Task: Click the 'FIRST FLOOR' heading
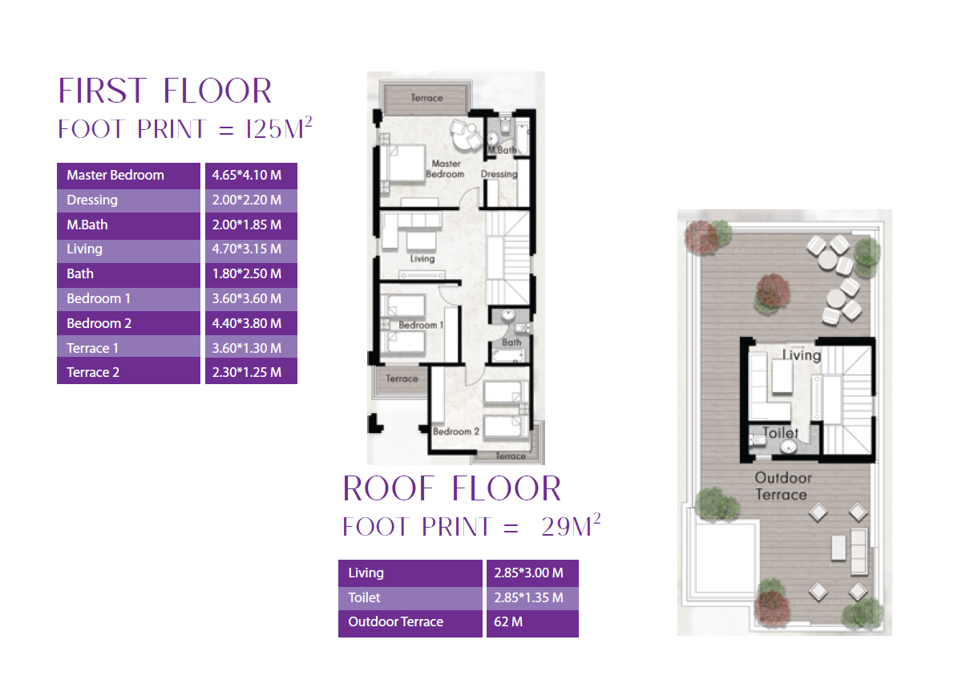tap(165, 91)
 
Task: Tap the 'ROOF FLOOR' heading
tap(451, 488)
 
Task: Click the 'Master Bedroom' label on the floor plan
tap(445, 169)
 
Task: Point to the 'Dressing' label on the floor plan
tap(499, 174)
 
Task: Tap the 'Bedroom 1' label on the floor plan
tap(421, 325)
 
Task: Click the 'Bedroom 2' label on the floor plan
tap(456, 431)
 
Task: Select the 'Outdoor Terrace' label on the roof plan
tap(782, 487)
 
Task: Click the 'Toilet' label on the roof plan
tap(780, 433)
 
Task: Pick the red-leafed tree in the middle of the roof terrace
tap(772, 293)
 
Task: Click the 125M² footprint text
tap(278, 127)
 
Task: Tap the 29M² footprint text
tap(571, 525)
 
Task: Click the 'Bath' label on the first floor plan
tap(511, 342)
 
